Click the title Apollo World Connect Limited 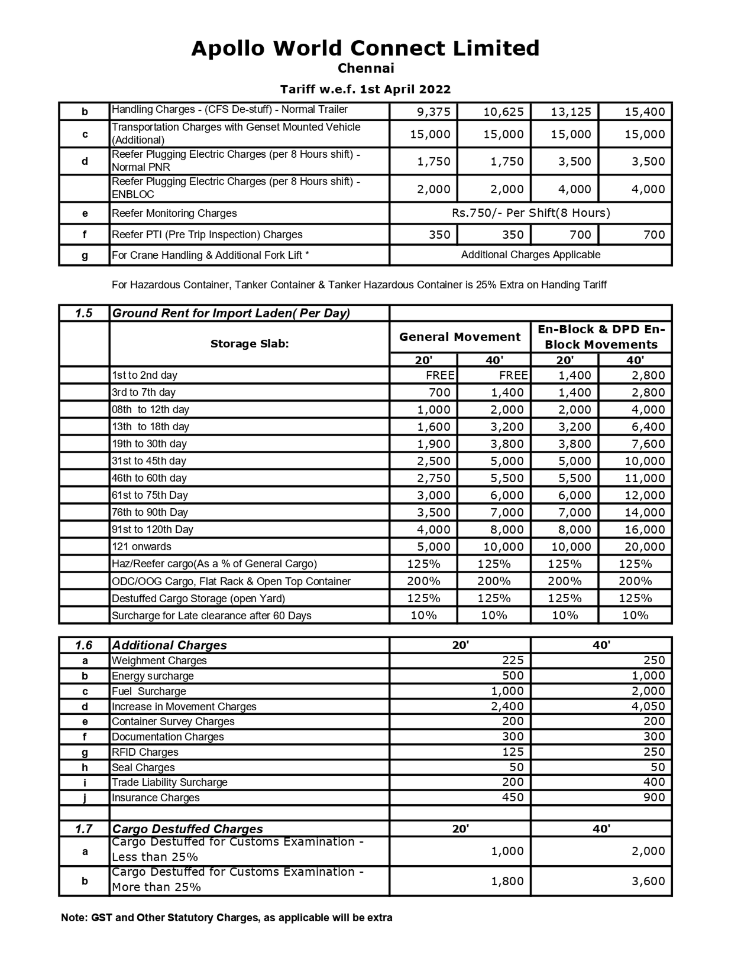tap(365, 48)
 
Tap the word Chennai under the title tap(365, 69)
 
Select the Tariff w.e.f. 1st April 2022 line tap(365, 89)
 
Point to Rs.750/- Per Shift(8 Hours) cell tap(530, 213)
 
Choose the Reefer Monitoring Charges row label tap(174, 213)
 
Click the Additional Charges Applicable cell tap(530, 255)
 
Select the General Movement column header tap(459, 337)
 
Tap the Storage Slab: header tap(250, 343)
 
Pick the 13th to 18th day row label tap(151, 427)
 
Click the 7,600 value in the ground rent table tap(648, 444)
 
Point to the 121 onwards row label tap(141, 547)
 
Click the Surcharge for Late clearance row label tap(212, 616)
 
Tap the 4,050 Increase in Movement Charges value tap(648, 706)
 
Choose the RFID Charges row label tap(145, 752)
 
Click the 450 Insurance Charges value tap(513, 797)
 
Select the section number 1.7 tap(84, 829)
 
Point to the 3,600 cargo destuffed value tap(648, 881)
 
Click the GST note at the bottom tap(226, 918)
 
